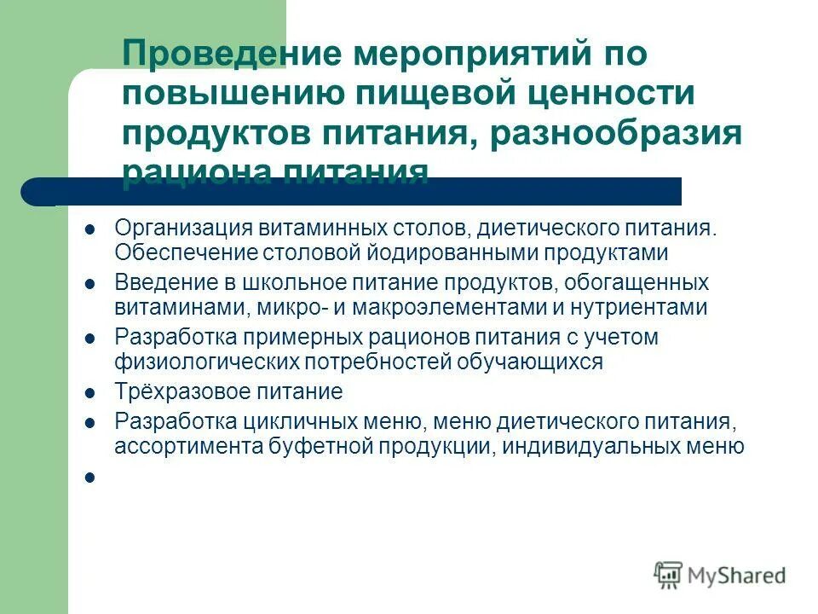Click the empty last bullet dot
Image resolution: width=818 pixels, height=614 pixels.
(x=89, y=478)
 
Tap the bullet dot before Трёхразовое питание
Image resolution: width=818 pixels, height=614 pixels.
(x=89, y=393)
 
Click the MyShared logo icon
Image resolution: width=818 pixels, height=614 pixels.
(x=669, y=575)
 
